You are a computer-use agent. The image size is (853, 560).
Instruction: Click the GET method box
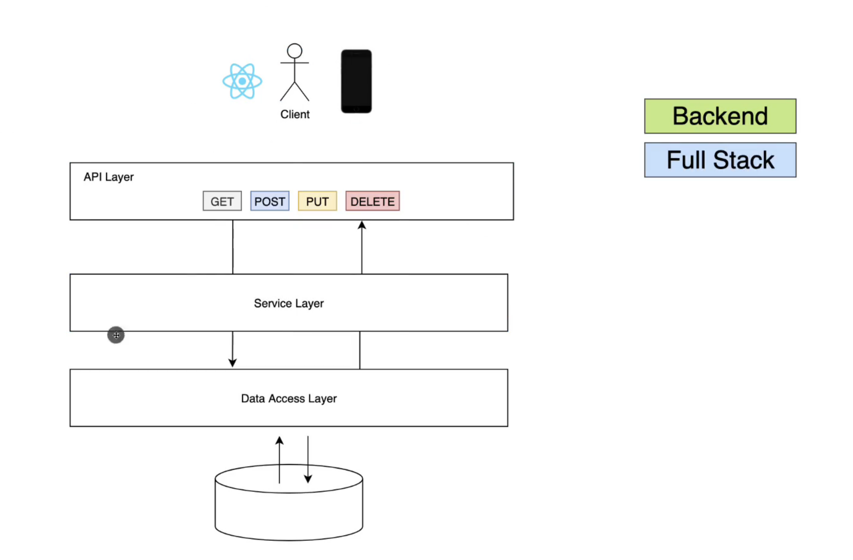click(222, 201)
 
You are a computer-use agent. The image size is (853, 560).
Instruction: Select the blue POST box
click(269, 201)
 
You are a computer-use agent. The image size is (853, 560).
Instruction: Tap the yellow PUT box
click(317, 201)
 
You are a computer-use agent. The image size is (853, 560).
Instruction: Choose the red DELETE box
click(373, 201)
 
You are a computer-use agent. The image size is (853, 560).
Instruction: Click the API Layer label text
click(108, 177)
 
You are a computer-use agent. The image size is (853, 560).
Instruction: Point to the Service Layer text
click(289, 303)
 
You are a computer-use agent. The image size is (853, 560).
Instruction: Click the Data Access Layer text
click(289, 398)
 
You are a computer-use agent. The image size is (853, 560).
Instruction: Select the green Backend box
click(720, 116)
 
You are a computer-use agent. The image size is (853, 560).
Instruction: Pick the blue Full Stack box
click(720, 160)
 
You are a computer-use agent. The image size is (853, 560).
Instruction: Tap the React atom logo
click(242, 81)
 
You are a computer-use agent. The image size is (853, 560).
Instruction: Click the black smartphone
click(356, 81)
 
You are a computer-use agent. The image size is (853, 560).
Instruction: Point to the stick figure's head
click(294, 51)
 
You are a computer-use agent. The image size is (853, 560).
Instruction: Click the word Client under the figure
click(295, 114)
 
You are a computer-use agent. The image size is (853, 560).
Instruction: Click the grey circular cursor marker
click(116, 335)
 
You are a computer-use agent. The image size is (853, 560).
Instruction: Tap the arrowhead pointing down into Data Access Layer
click(232, 362)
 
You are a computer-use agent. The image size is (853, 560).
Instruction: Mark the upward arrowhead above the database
click(280, 441)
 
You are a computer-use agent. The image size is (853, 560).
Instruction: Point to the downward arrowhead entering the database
click(308, 479)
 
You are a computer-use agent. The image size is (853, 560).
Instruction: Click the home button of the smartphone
click(356, 109)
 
